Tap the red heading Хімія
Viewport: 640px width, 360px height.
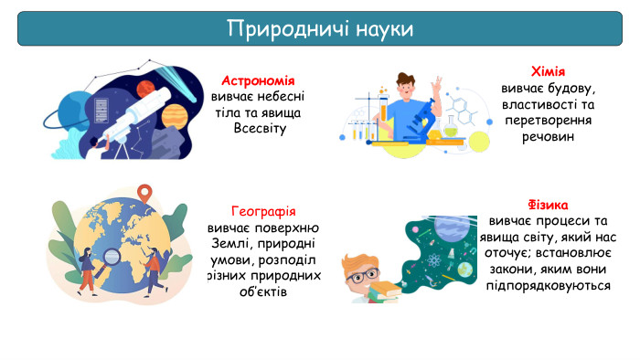click(549, 72)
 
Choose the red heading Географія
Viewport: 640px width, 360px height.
click(264, 211)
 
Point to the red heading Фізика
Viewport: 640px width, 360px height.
click(549, 205)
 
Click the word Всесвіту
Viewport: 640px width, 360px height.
click(261, 128)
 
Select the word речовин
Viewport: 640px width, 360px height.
click(549, 137)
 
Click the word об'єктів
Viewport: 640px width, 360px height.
click(261, 291)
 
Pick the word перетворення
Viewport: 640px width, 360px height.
click(549, 121)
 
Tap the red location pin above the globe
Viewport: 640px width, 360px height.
click(143, 192)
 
